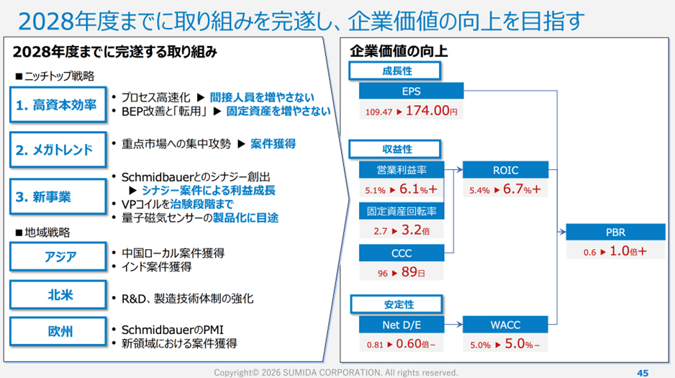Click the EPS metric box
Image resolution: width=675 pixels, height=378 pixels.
pos(412,91)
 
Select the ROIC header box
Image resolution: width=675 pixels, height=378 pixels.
pos(506,171)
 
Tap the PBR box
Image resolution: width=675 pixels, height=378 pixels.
pos(617,233)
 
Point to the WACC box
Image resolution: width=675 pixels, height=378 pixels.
pos(506,325)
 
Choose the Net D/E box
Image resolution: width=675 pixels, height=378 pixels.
pos(402,325)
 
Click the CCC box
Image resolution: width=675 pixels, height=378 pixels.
pos(402,253)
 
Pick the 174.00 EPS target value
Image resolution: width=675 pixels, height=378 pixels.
pos(431,111)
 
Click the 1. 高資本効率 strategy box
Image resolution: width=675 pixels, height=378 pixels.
pos(55,104)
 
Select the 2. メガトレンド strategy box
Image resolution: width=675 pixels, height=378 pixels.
pos(55,150)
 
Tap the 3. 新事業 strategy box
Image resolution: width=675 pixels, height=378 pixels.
pos(55,196)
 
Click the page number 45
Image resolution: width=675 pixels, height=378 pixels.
pos(643,372)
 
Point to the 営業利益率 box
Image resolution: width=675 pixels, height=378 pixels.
pos(402,171)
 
